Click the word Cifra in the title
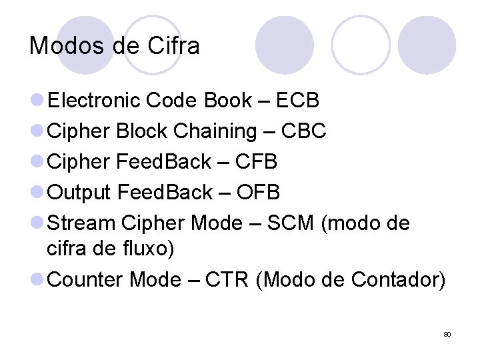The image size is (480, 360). [175, 46]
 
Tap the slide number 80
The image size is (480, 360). [447, 334]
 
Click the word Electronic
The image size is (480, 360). [94, 101]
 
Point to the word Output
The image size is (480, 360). [80, 193]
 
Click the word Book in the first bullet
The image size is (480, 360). [227, 101]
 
